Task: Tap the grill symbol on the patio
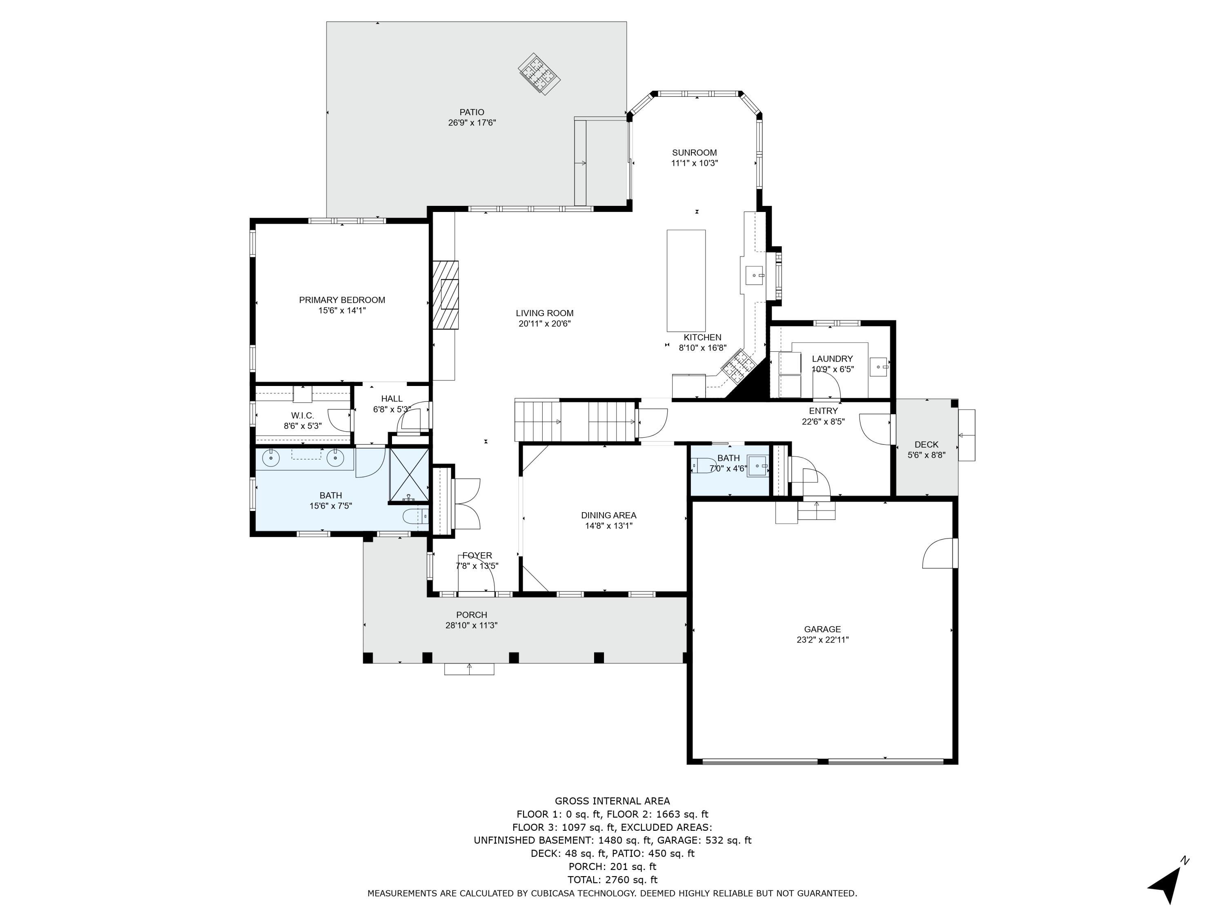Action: tap(539, 74)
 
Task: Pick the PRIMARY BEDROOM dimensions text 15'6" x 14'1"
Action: tap(342, 311)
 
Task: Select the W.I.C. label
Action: tap(303, 415)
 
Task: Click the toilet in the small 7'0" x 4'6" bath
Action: tap(702, 465)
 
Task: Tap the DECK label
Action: tap(926, 444)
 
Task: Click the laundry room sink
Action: tap(878, 367)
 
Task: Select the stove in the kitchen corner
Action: tap(738, 366)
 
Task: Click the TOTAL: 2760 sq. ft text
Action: tap(612, 880)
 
